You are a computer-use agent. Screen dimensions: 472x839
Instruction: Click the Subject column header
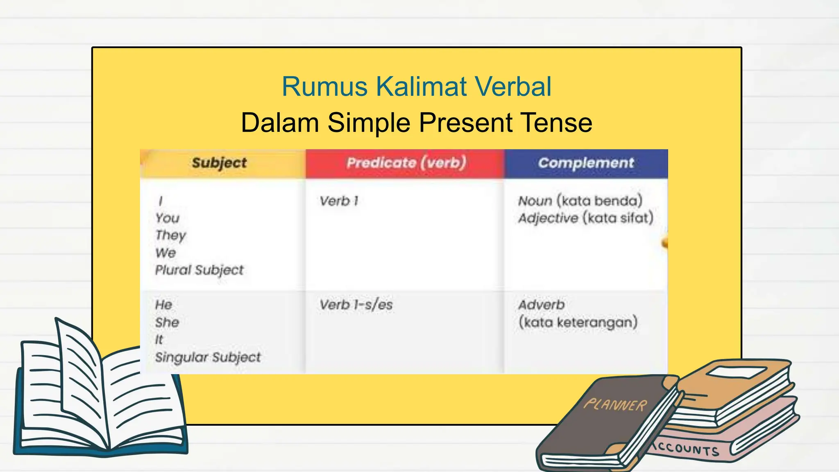pyautogui.click(x=219, y=163)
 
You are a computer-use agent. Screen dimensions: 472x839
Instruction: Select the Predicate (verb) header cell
pyautogui.click(x=406, y=163)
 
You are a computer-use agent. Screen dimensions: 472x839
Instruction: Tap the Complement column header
pyautogui.click(x=586, y=163)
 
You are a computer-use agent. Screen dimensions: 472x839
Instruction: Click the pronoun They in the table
pyautogui.click(x=170, y=236)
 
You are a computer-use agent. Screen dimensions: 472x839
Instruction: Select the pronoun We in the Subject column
pyautogui.click(x=166, y=253)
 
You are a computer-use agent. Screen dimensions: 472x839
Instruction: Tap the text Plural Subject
pyautogui.click(x=199, y=270)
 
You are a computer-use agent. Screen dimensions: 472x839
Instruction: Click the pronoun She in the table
pyautogui.click(x=167, y=322)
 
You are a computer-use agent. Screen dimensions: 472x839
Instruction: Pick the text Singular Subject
pyautogui.click(x=208, y=357)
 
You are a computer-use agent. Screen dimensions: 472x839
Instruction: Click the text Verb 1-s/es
pyautogui.click(x=356, y=305)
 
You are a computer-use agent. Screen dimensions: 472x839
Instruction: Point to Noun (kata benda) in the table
pyautogui.click(x=580, y=201)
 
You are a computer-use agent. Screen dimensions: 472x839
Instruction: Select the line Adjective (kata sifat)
pyautogui.click(x=585, y=218)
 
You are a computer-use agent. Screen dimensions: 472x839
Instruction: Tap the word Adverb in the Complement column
pyautogui.click(x=541, y=305)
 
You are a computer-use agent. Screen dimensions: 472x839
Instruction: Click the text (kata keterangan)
pyautogui.click(x=578, y=322)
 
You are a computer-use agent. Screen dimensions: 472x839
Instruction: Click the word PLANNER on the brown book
pyautogui.click(x=615, y=405)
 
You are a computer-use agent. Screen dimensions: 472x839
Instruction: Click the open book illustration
pyautogui.click(x=98, y=393)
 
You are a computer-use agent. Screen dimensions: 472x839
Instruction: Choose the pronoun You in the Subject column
pyautogui.click(x=168, y=218)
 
